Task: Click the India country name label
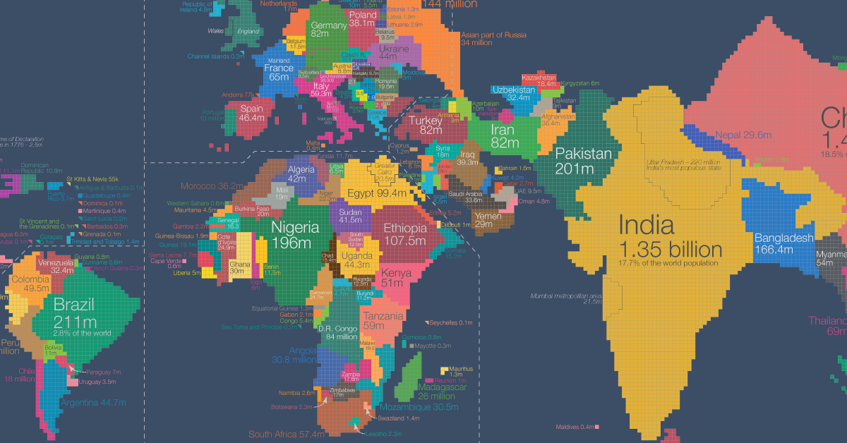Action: (x=646, y=226)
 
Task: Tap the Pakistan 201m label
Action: (x=583, y=162)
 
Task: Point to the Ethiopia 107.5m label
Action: (x=405, y=234)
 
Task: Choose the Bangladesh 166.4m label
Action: (x=783, y=244)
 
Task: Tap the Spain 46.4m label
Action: (x=251, y=114)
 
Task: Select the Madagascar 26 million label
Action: (x=442, y=392)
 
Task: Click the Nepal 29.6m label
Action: (x=743, y=135)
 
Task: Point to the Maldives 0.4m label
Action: (x=574, y=427)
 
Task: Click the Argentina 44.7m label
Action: (x=93, y=403)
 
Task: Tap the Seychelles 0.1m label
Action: (x=450, y=322)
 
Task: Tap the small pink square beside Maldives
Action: (x=597, y=427)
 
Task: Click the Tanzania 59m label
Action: (x=383, y=322)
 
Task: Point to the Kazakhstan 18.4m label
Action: (x=539, y=80)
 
